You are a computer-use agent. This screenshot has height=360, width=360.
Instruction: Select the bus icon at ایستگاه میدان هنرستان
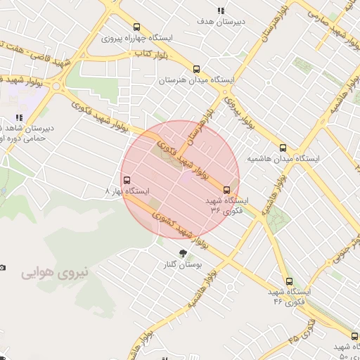(196, 70)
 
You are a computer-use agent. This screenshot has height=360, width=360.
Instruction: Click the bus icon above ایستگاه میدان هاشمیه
(283, 148)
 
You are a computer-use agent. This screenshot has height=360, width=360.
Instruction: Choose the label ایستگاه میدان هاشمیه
(283, 160)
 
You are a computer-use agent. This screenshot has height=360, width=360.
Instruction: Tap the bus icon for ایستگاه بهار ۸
(126, 179)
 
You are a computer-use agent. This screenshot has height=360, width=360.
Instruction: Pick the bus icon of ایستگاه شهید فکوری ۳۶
(226, 189)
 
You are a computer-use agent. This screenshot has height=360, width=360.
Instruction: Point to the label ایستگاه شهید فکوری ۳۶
(226, 205)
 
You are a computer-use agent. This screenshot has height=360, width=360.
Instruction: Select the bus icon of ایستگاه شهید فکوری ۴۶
(289, 281)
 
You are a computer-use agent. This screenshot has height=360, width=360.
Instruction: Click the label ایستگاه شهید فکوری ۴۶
(288, 296)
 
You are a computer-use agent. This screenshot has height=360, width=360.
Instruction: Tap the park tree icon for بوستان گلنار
(184, 253)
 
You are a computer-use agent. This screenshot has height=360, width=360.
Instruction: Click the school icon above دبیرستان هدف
(221, 11)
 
